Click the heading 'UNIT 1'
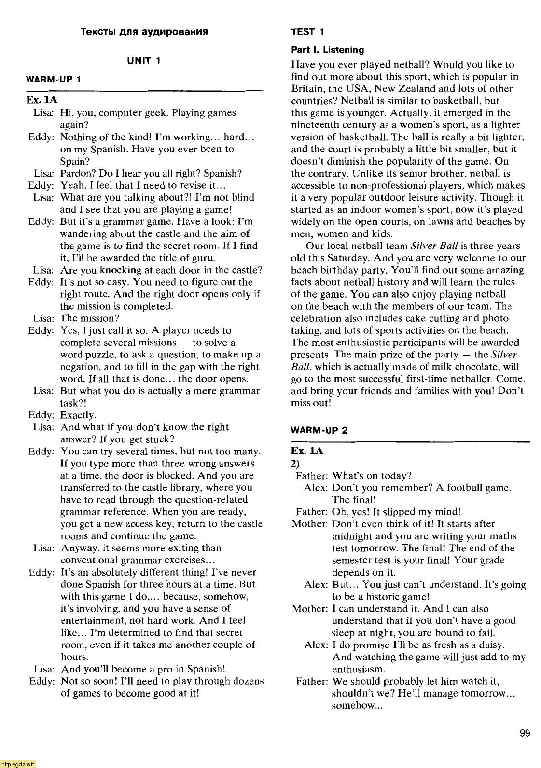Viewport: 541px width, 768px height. coord(143,61)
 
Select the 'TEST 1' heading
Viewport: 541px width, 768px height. coord(307,32)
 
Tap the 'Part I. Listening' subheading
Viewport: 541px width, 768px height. coord(327,50)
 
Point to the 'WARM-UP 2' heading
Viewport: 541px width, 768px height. coord(319,430)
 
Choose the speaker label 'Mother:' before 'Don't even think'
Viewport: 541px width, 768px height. coord(310,524)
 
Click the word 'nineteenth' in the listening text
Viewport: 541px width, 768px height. coord(313,125)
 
